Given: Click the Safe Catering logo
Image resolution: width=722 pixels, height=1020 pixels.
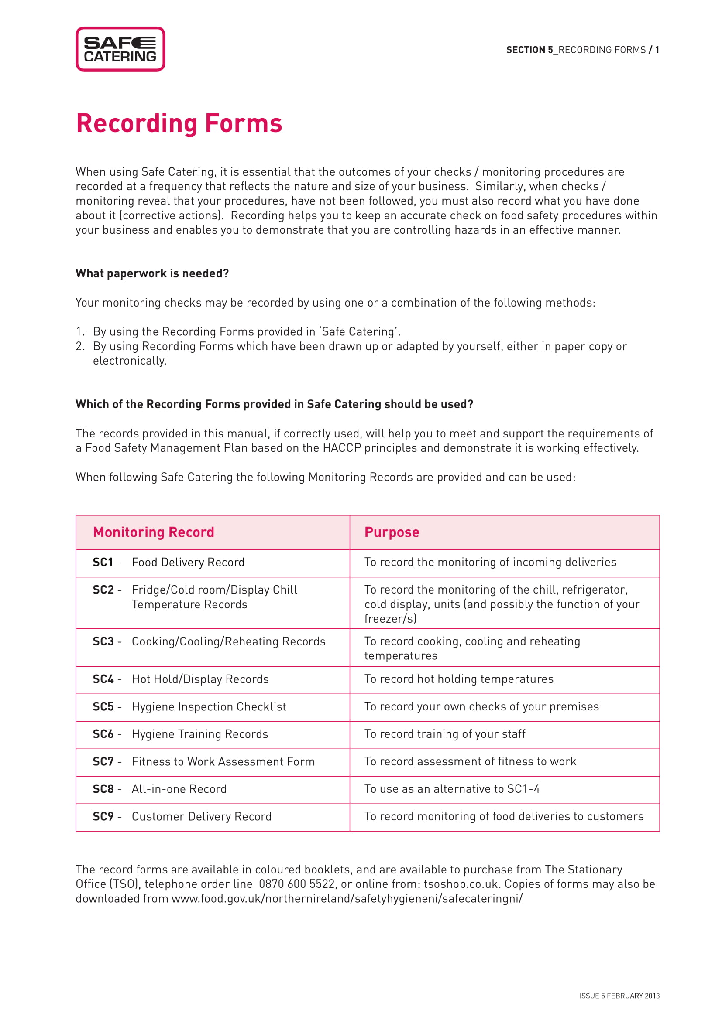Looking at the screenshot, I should (120, 49).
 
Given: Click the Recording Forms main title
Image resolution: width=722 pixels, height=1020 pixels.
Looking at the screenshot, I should (179, 123).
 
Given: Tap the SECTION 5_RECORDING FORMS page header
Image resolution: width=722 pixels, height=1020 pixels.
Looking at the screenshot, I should (582, 50).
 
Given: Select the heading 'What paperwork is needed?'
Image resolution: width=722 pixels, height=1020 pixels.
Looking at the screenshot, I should (152, 273).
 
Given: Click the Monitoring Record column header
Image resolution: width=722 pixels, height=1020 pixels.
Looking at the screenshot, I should (153, 532).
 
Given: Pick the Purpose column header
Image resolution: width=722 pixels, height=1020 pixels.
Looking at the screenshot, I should (391, 532).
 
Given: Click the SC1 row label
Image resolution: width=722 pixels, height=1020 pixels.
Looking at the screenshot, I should (103, 563).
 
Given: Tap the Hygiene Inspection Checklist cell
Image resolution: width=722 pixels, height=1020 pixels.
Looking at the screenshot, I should (209, 706).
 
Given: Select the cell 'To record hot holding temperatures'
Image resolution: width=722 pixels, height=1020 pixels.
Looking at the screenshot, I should (458, 679).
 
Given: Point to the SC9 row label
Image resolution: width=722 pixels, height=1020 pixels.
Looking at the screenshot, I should (103, 816).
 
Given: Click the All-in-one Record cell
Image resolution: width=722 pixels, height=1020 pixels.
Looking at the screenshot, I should (179, 789).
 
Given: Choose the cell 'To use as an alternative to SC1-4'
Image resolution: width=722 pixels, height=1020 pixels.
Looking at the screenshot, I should (452, 789).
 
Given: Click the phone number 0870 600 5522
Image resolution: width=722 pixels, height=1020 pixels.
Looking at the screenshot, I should (296, 884).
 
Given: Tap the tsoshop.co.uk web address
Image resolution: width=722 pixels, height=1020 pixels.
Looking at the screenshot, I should (460, 884).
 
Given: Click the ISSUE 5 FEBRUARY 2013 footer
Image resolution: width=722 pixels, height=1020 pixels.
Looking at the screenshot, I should (619, 996).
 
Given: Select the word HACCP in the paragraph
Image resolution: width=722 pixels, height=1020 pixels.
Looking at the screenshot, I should (341, 448).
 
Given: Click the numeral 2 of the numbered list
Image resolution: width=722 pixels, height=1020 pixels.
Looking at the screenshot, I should (79, 346).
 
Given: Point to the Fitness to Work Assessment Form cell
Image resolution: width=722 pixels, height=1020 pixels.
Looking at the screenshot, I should (223, 761).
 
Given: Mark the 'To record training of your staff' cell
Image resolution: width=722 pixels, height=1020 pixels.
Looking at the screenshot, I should (444, 734).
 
